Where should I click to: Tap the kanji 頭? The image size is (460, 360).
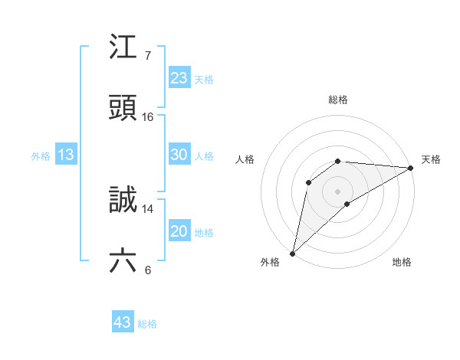[x=123, y=108]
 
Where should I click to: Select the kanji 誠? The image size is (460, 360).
[x=123, y=200]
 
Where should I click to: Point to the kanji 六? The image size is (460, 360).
[x=123, y=261]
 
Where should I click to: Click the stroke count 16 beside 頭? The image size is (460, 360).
[x=148, y=117]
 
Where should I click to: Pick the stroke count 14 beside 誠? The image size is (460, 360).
[x=148, y=208]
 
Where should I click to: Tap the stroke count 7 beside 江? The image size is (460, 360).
[x=148, y=56]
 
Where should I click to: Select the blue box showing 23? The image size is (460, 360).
[x=179, y=77]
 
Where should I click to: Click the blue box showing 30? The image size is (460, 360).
[x=179, y=155]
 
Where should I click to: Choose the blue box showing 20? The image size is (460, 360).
[x=179, y=231]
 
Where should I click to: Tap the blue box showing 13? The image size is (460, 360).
[x=66, y=155]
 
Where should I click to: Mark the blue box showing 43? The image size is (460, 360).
[x=123, y=322]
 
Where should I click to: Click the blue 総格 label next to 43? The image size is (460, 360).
[x=147, y=324]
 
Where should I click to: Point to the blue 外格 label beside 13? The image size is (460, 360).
[x=41, y=156]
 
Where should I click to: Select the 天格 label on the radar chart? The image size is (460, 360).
[x=431, y=159]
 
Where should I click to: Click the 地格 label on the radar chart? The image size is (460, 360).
[x=402, y=263]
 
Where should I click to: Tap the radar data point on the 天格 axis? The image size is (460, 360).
[x=411, y=168]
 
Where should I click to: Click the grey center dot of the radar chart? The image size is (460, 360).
[x=338, y=191]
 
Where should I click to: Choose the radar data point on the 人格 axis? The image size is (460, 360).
[x=309, y=182]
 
